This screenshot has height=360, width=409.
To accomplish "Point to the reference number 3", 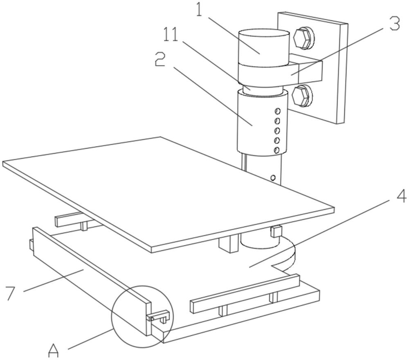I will coord(393,24).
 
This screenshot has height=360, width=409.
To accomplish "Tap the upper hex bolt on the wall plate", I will coord(303,38).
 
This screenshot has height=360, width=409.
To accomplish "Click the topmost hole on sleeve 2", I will coord(278,111).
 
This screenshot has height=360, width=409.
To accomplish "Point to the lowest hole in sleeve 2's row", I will coord(277,150).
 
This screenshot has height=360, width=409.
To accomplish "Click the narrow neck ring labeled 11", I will coord(262,89).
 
